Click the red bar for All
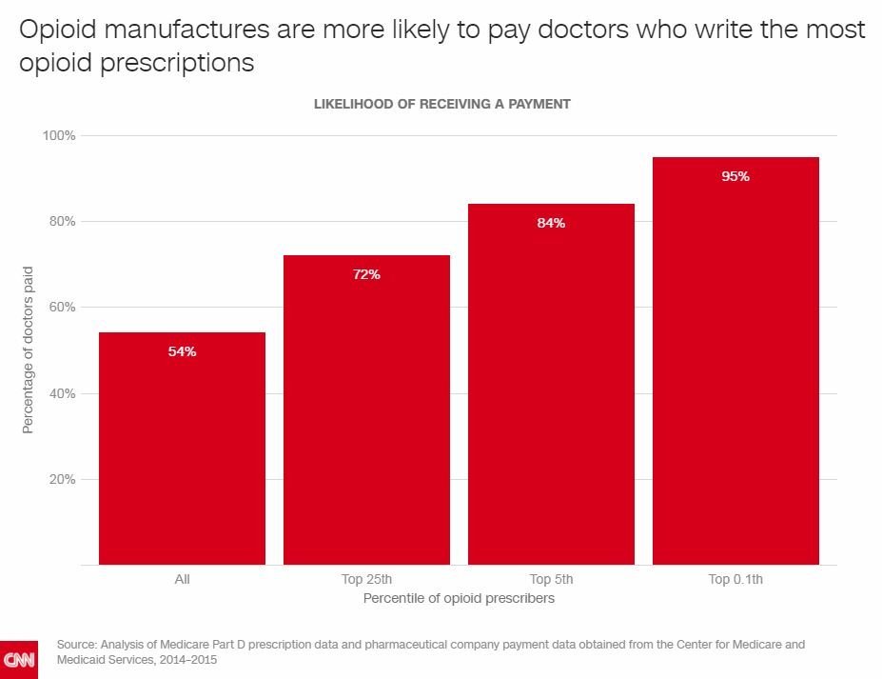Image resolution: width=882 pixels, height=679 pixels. (182, 448)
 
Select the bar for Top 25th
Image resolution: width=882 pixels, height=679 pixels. (366, 409)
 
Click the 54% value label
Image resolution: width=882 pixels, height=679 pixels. (182, 351)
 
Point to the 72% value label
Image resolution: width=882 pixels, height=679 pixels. (366, 274)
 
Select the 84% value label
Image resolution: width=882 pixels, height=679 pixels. (551, 223)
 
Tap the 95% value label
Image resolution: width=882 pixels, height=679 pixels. (735, 176)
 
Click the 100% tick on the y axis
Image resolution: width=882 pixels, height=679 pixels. (59, 135)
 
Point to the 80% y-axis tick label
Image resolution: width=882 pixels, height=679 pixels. (62, 221)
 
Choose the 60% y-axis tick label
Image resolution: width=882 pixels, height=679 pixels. (62, 307)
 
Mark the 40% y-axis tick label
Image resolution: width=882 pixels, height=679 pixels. (62, 393)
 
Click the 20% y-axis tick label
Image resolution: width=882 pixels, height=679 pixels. (62, 479)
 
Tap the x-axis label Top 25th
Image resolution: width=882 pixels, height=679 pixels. (366, 578)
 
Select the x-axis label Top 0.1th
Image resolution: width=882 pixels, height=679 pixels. (735, 578)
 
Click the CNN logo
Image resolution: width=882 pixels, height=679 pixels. (19, 659)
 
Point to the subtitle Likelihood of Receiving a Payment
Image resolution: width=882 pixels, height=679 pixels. (441, 104)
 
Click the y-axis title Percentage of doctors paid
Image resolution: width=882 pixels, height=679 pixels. (28, 349)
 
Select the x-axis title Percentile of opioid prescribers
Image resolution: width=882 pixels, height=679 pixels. (459, 598)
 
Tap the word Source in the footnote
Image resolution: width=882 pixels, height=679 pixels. (77, 645)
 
